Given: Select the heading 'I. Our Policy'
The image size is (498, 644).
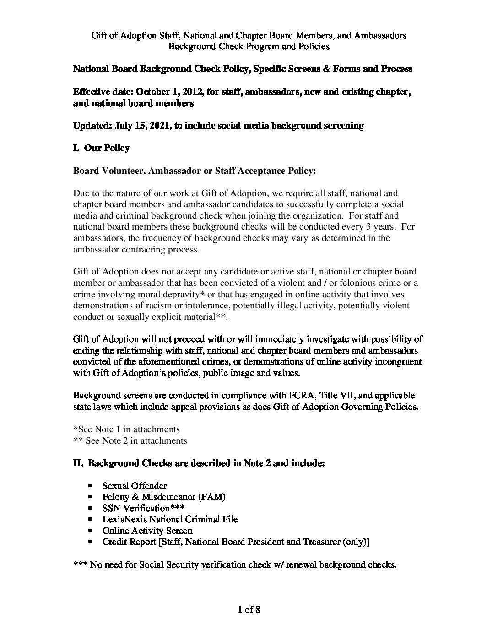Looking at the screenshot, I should click(x=101, y=148).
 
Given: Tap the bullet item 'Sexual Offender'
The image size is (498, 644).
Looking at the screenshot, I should click(x=134, y=486).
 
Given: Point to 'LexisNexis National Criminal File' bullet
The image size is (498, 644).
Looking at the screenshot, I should click(x=170, y=519).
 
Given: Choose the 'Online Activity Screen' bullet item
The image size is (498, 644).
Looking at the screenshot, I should click(x=147, y=531).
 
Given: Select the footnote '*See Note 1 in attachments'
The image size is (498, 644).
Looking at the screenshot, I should click(x=126, y=429).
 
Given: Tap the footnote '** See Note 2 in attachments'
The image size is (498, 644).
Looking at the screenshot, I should click(x=130, y=440).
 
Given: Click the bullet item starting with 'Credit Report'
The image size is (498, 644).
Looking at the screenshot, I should click(x=236, y=542).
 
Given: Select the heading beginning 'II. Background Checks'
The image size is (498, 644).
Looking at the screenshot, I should click(x=199, y=463).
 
